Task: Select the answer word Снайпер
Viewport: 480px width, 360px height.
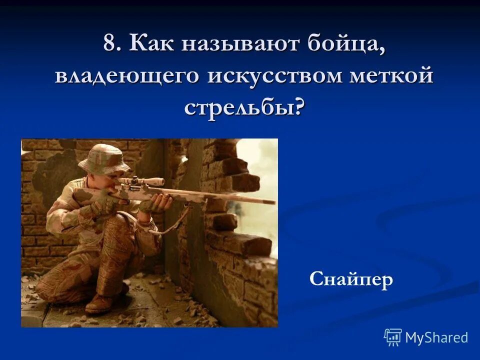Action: (351, 279)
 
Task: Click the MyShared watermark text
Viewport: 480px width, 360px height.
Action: (436, 337)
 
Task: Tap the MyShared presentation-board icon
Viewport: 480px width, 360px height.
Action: (393, 337)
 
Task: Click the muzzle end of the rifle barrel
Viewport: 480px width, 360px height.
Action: (272, 202)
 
